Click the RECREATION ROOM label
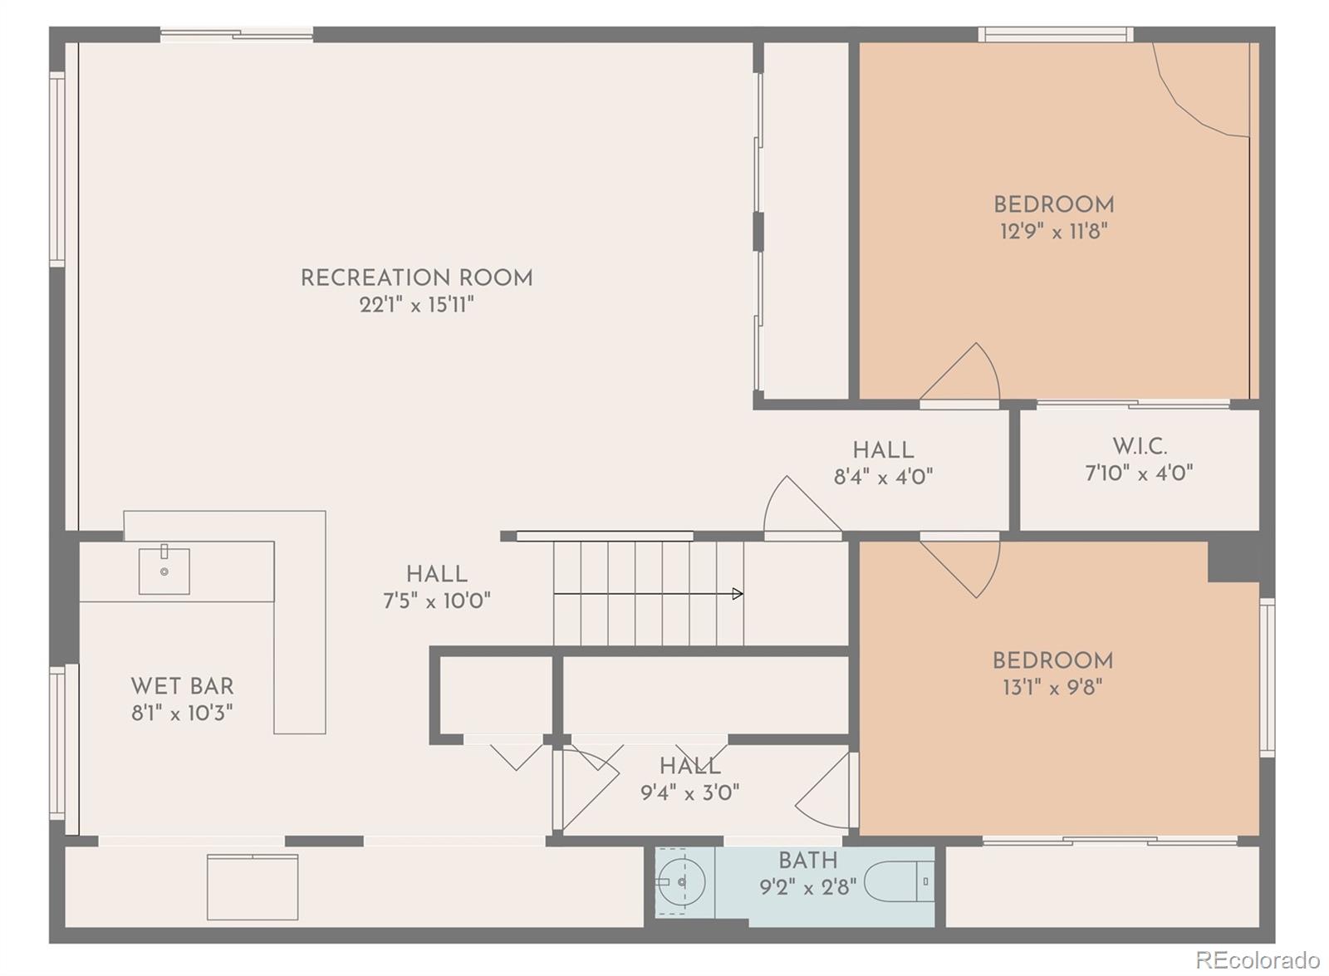coord(416,277)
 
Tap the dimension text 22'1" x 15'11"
coord(416,305)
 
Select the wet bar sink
coord(164,570)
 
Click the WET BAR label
coord(182,686)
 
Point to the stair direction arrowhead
coord(738,593)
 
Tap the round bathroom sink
coord(681,881)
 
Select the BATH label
coord(808,861)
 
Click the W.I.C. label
coord(1139,446)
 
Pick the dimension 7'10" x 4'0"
coord(1139,473)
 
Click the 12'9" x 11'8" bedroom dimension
coord(1054,232)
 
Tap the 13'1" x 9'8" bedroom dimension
coord(1052,688)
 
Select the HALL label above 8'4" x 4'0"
coord(884,450)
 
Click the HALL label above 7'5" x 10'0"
coord(437,574)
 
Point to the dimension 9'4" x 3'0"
coord(690,792)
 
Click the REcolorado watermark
coord(1258,959)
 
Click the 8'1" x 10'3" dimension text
coord(182,714)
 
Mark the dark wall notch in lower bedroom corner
coord(1233,562)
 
